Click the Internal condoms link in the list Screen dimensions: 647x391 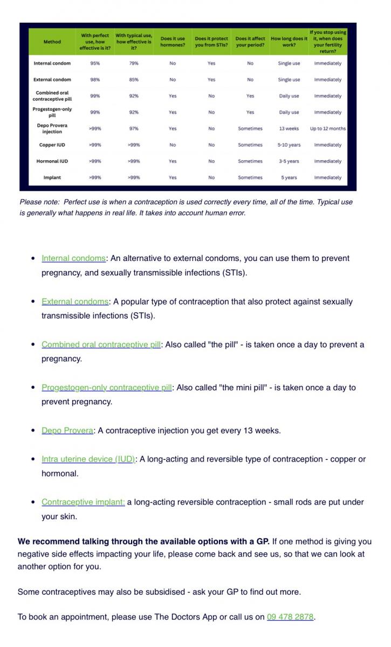(73, 258)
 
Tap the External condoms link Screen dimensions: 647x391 (75, 301)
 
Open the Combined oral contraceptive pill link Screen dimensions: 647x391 (101, 345)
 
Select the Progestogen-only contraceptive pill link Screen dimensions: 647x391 (106, 387)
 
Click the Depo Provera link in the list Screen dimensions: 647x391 (67, 430)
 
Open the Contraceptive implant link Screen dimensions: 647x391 (83, 502)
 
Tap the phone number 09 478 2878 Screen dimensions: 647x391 (290, 617)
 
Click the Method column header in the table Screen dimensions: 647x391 (52, 42)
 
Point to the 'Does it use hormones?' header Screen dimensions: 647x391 (173, 42)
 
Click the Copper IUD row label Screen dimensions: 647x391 (52, 145)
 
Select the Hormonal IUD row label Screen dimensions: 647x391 (52, 161)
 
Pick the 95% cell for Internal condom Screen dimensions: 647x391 (95, 64)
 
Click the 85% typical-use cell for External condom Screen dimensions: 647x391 (134, 80)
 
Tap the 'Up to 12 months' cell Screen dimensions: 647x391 (328, 129)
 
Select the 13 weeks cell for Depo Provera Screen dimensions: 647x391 (289, 129)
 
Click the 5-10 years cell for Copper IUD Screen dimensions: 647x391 (289, 145)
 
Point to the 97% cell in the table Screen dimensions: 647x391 (134, 129)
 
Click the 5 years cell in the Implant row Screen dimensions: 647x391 (289, 177)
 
